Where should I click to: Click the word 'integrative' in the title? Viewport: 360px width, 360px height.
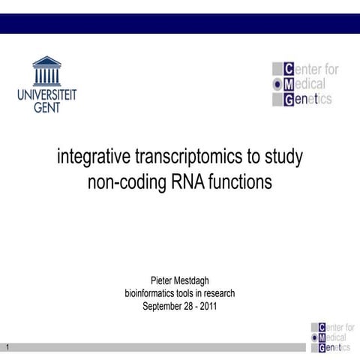93,159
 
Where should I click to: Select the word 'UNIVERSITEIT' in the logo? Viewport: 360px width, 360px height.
46,95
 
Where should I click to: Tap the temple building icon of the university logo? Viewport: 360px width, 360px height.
46,71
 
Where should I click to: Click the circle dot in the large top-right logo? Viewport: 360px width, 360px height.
276,85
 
